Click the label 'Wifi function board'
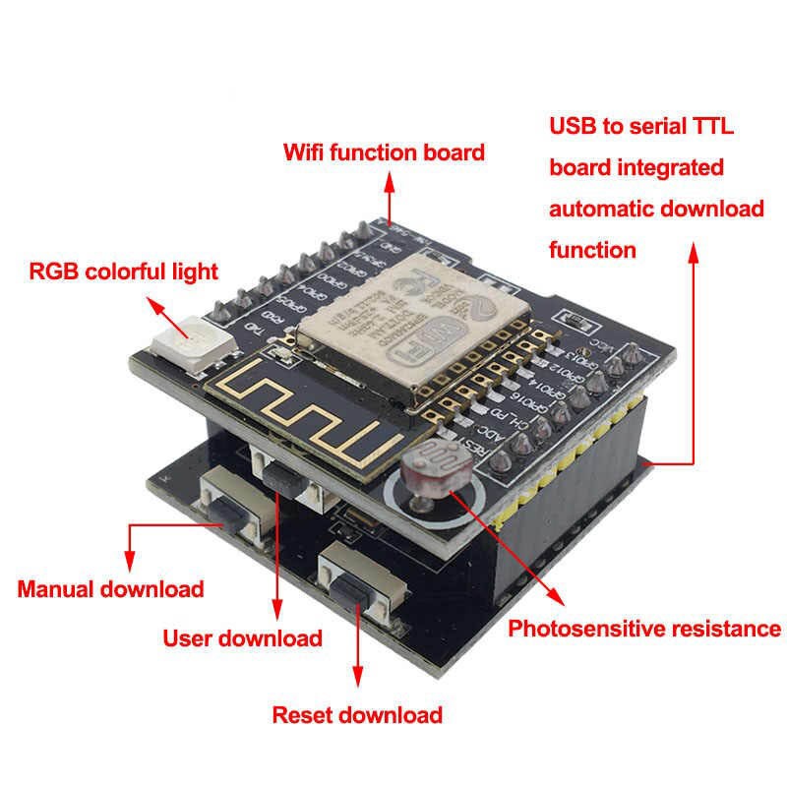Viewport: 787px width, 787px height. coord(384,152)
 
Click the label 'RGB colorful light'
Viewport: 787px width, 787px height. coord(123,272)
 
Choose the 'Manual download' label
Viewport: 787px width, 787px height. coord(110,589)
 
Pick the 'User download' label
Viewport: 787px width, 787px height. coord(242,637)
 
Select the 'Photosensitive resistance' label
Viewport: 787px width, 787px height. coord(643,629)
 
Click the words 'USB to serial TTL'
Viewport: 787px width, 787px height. coord(641,126)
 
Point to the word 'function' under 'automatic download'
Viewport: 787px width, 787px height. coord(592,251)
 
